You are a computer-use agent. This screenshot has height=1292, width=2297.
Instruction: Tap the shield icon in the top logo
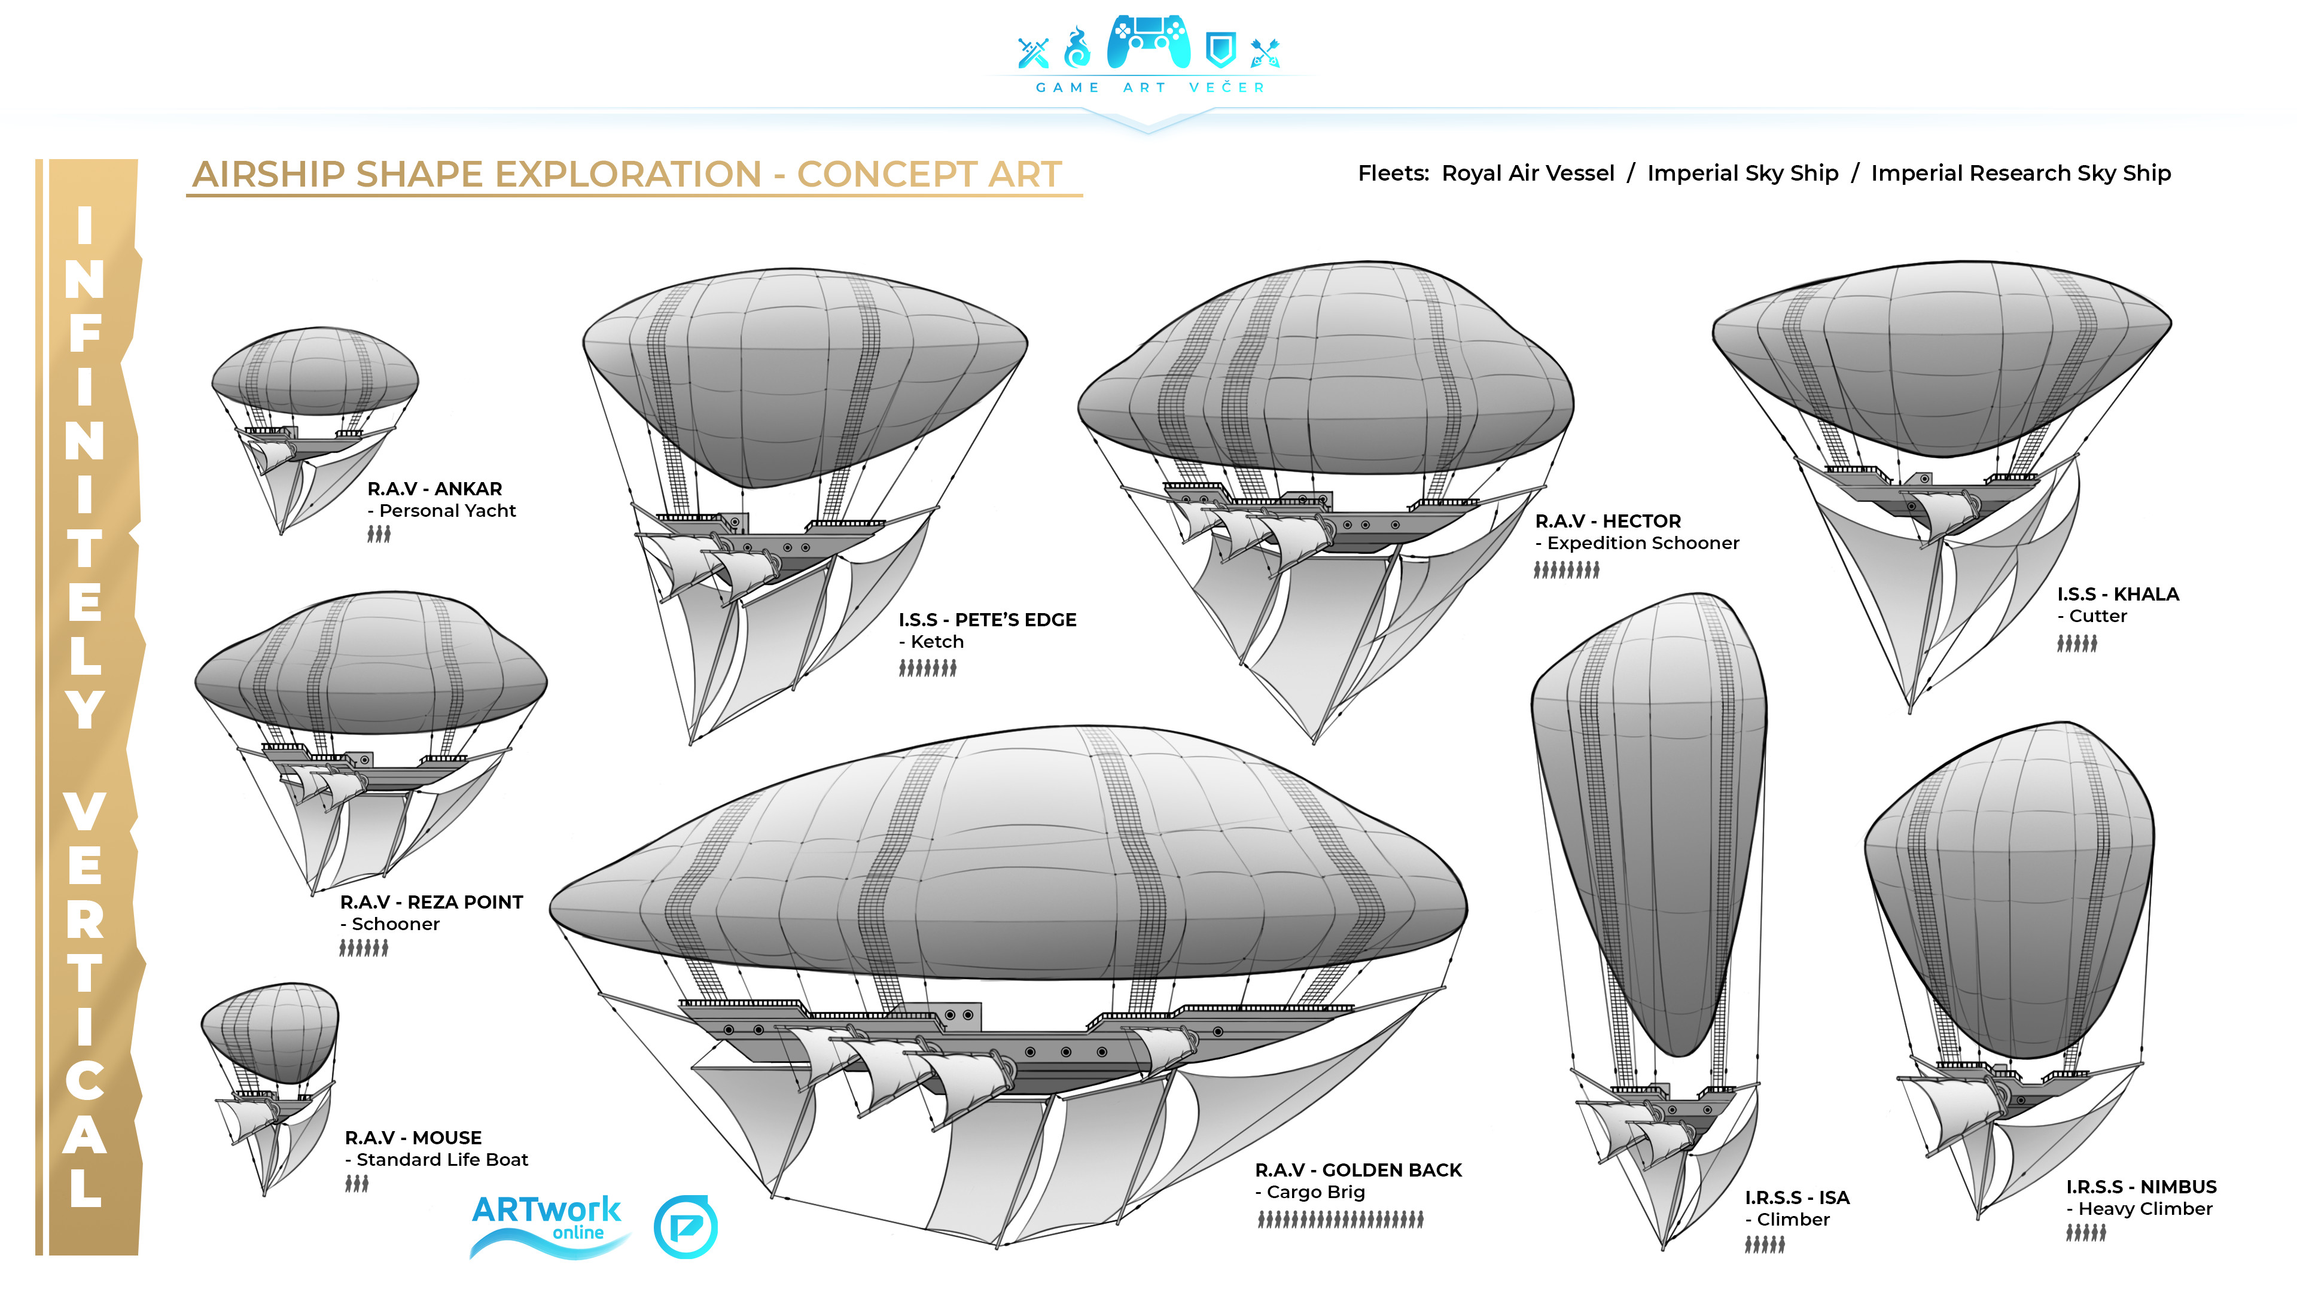click(1220, 50)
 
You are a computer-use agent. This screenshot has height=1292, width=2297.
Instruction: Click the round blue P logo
click(686, 1227)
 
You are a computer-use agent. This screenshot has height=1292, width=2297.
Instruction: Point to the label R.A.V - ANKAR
click(435, 489)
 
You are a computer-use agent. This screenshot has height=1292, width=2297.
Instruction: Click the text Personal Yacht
click(447, 511)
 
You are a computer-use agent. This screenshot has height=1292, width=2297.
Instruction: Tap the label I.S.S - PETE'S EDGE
click(987, 620)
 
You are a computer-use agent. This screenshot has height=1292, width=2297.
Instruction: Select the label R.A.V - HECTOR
click(1608, 521)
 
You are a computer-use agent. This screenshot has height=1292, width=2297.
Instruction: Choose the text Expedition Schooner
click(1643, 543)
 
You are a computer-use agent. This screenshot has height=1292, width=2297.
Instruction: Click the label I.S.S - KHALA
click(2118, 594)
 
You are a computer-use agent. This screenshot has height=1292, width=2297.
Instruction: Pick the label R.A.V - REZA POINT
click(431, 903)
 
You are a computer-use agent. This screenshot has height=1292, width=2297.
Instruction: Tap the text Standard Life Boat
click(442, 1160)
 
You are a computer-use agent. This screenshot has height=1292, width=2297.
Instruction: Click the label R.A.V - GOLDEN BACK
click(1358, 1170)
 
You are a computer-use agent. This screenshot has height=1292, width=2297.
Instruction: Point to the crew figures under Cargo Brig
click(1340, 1220)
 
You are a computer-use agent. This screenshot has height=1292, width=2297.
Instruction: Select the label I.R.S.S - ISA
click(1797, 1197)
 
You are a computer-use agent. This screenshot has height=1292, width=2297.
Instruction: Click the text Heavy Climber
click(2146, 1209)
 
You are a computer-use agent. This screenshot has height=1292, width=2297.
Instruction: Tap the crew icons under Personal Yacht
click(379, 534)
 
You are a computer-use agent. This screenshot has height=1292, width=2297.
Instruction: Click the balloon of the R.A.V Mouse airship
click(270, 1032)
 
